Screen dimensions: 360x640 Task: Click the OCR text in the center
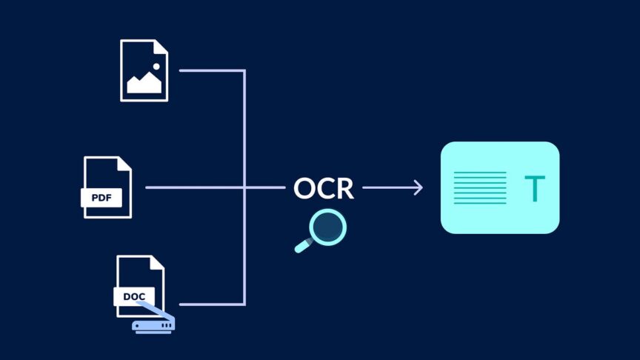[x=324, y=188]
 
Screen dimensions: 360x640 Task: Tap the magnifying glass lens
[x=327, y=227]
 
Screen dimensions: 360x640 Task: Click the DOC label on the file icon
[x=134, y=296]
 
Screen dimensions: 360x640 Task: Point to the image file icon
[x=144, y=70]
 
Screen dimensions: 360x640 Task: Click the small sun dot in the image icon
[x=156, y=67]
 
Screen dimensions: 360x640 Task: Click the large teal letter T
[x=533, y=189]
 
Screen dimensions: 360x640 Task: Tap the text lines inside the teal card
[x=480, y=188]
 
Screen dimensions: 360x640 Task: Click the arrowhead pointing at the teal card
[x=419, y=187]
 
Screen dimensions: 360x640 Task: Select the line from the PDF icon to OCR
[x=193, y=187]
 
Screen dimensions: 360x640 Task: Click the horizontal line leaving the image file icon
[x=211, y=70]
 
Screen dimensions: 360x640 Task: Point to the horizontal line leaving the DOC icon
[x=211, y=304]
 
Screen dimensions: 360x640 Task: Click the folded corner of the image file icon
[x=161, y=46]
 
